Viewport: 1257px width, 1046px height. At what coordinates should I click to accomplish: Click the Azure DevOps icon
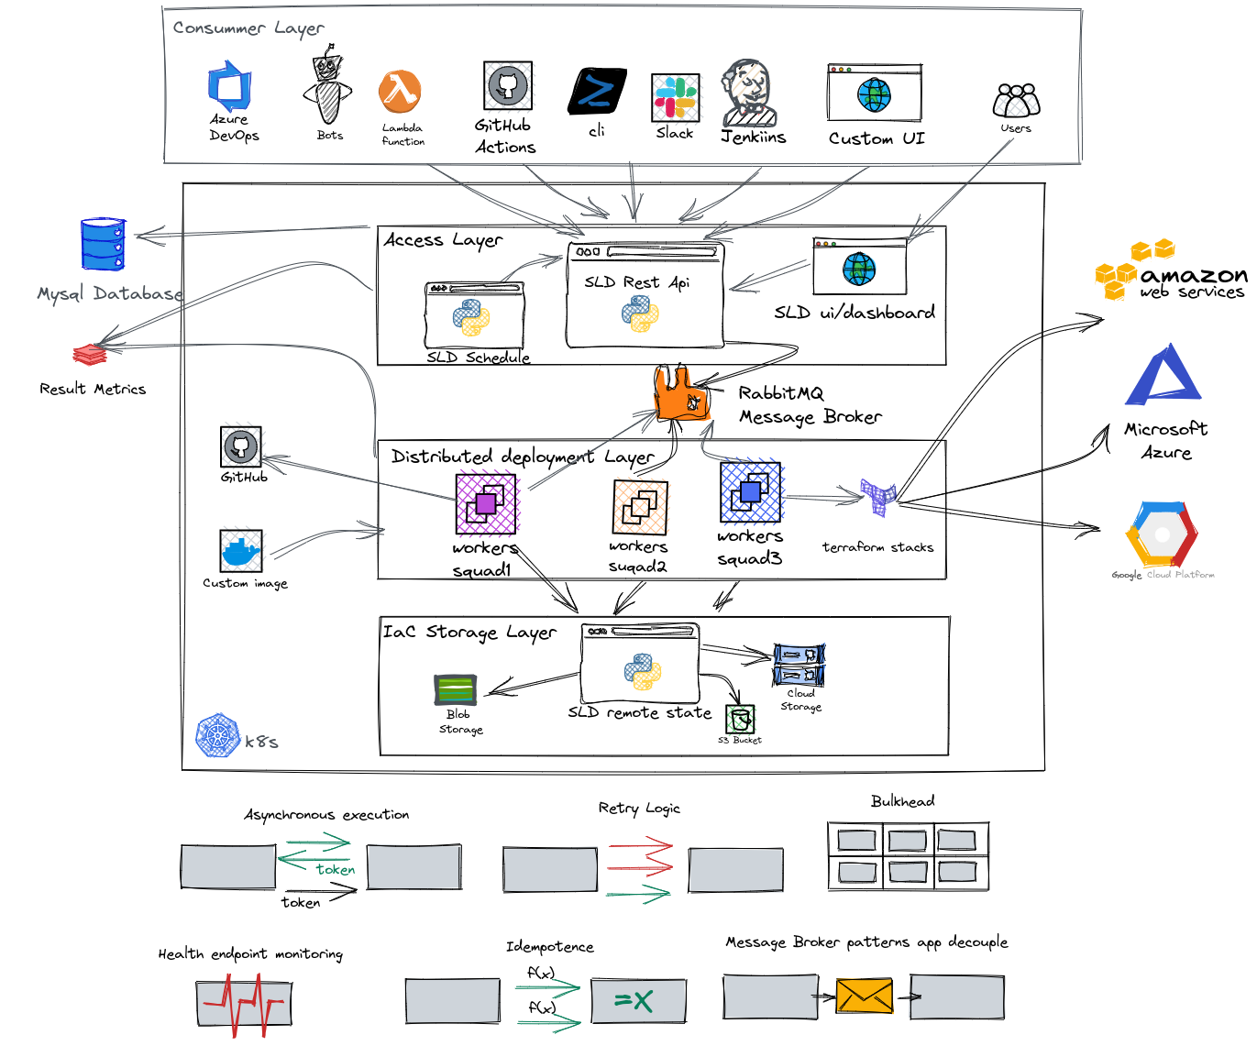coord(229,86)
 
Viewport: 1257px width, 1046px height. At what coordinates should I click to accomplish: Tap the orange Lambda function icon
coord(400,92)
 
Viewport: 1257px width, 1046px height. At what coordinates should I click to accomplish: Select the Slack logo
coord(675,98)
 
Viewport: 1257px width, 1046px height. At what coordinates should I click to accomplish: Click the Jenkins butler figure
coord(749,93)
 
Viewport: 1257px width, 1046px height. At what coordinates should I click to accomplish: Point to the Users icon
coord(1016,100)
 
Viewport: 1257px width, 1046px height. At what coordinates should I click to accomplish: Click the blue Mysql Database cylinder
coord(103,244)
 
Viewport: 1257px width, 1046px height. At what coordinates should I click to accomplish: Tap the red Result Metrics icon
coord(90,354)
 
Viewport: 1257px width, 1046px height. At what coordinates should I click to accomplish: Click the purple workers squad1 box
coord(486,502)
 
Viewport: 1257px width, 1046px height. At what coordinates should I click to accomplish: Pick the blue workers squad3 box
coord(750,492)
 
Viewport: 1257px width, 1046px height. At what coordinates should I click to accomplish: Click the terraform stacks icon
coord(877,496)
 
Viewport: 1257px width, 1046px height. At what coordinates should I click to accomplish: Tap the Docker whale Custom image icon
coord(241,550)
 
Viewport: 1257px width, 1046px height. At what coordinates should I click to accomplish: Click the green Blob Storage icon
coord(456,689)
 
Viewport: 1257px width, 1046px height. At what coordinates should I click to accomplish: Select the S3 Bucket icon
coord(740,719)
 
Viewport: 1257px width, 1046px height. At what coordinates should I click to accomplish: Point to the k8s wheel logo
coord(217,736)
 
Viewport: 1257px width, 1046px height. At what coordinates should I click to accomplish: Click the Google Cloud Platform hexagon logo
coord(1162,534)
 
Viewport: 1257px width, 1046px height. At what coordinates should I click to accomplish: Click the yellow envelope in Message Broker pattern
coord(864,996)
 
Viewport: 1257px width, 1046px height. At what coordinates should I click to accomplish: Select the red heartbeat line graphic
coord(244,1004)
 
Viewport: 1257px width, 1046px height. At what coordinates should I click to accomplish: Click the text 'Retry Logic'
coord(639,809)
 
